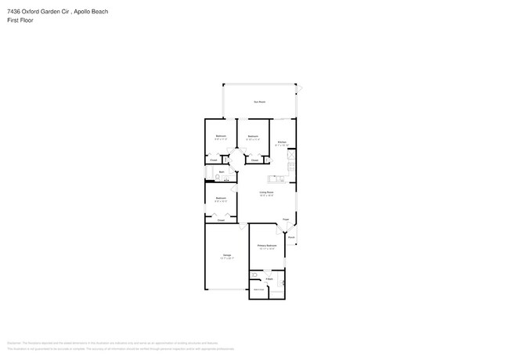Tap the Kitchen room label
click(x=282, y=142)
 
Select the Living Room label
click(x=266, y=192)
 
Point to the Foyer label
click(x=286, y=219)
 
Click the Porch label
click(x=291, y=236)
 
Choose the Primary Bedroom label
click(x=267, y=247)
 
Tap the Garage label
click(x=226, y=255)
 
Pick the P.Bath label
click(x=269, y=279)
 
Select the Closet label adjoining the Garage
click(x=221, y=220)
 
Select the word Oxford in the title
click(x=34, y=12)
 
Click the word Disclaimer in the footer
click(x=13, y=342)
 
